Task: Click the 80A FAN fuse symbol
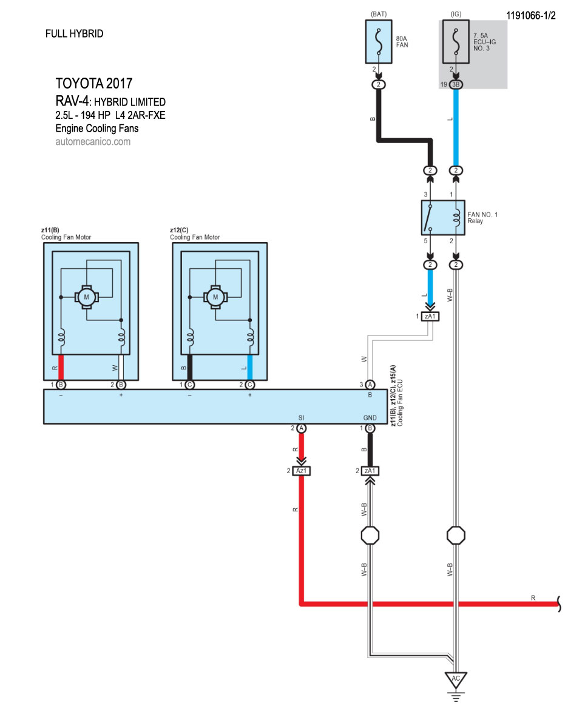pos(379,41)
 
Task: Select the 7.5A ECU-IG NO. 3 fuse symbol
pos(456,41)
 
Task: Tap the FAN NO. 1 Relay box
pos(442,218)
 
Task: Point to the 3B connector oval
pos(456,84)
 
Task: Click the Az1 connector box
pos(301,471)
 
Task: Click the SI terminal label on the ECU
pos(301,418)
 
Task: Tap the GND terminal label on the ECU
pos(370,418)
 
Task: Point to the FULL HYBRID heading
pos(74,34)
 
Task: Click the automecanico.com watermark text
pos(93,142)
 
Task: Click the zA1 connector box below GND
pos(370,471)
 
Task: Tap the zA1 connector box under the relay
pos(430,317)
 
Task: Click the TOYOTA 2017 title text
pos(93,84)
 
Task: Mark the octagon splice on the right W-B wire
pos(456,536)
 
